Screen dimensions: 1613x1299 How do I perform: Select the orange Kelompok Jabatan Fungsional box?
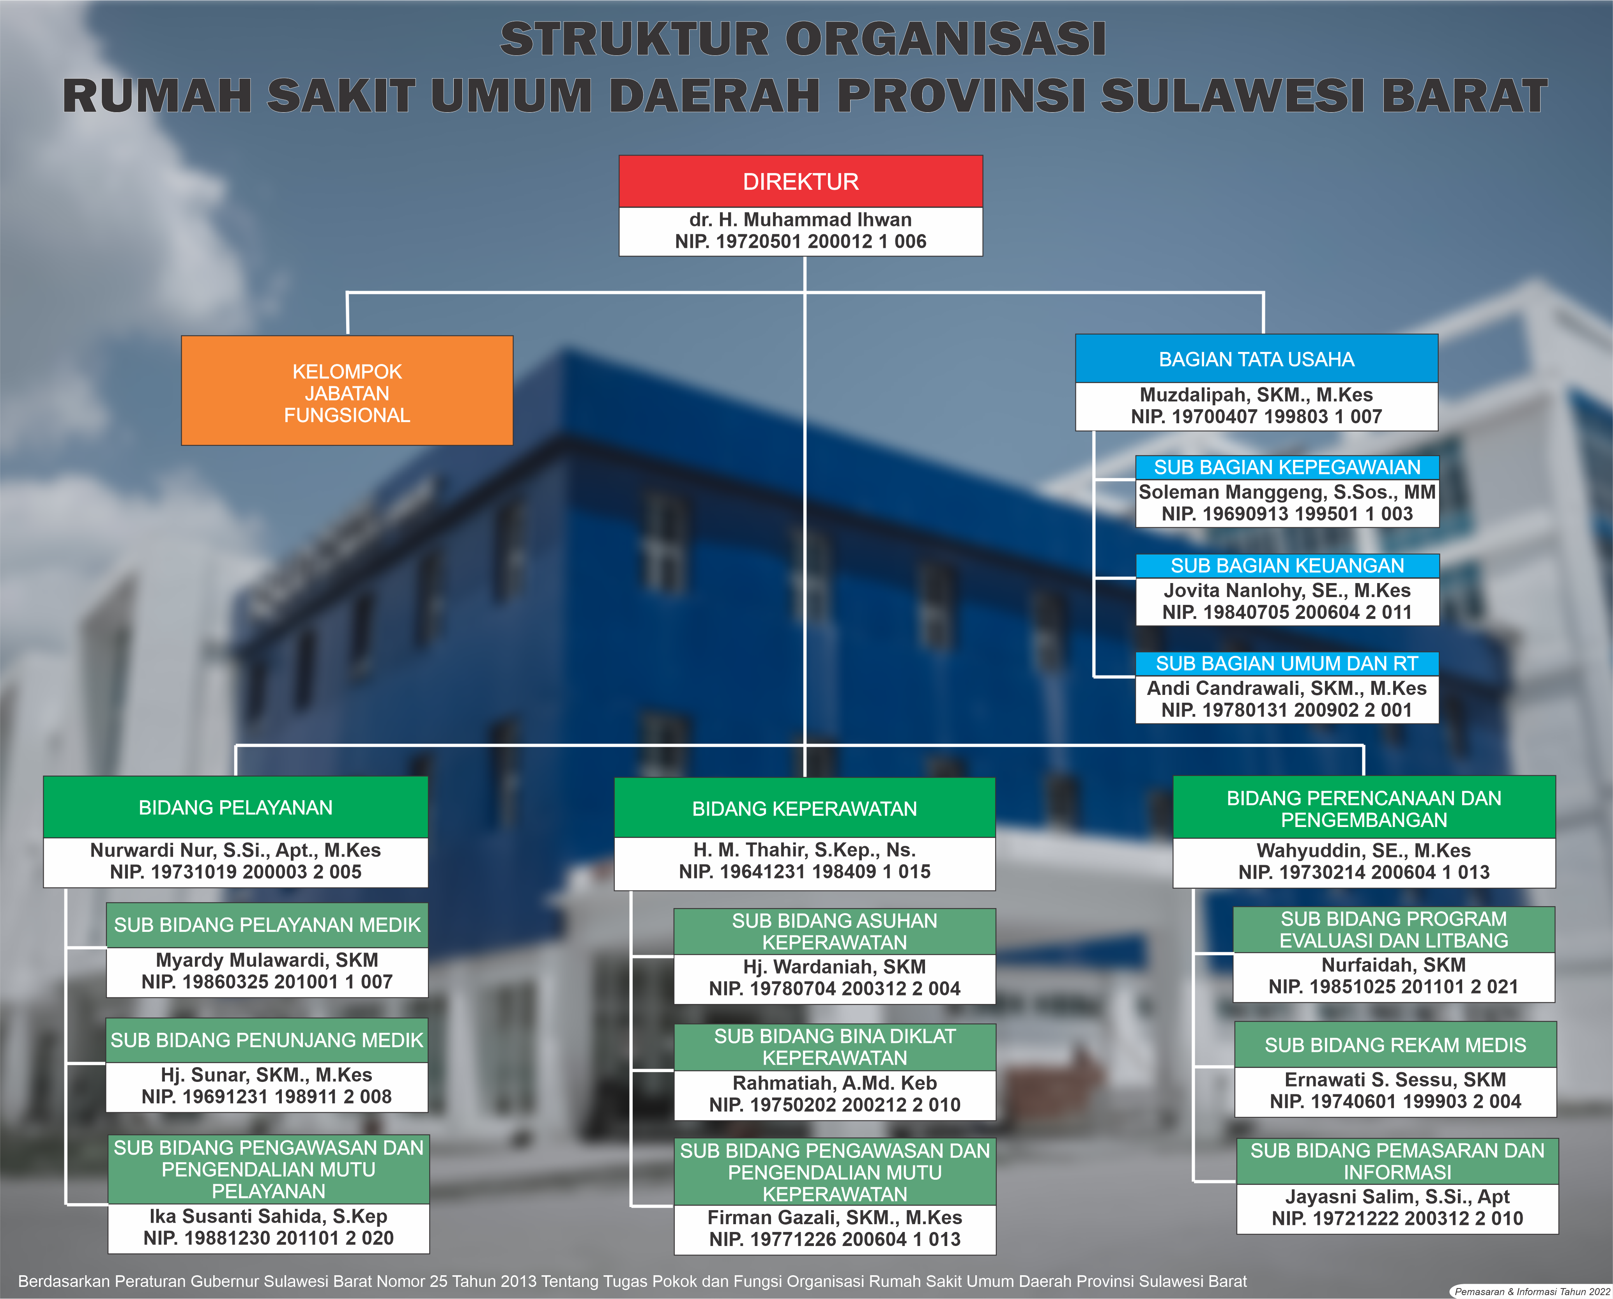tap(347, 391)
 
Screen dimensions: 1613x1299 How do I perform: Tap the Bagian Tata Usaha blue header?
tap(1257, 359)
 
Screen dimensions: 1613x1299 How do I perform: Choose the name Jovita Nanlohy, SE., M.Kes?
tap(1288, 590)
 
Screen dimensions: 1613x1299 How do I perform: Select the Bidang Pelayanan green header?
tap(236, 808)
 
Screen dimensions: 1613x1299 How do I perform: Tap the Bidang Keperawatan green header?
tap(805, 808)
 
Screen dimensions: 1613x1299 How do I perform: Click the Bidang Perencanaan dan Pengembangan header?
tap(1364, 808)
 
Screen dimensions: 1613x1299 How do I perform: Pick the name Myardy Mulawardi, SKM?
tap(267, 960)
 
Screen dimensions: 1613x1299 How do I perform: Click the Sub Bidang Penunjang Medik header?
tap(267, 1040)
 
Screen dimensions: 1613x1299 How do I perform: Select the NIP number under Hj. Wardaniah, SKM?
tap(835, 988)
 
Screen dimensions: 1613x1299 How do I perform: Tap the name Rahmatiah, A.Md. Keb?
tap(835, 1083)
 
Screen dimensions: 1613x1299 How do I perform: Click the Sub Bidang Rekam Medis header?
tap(1395, 1045)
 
